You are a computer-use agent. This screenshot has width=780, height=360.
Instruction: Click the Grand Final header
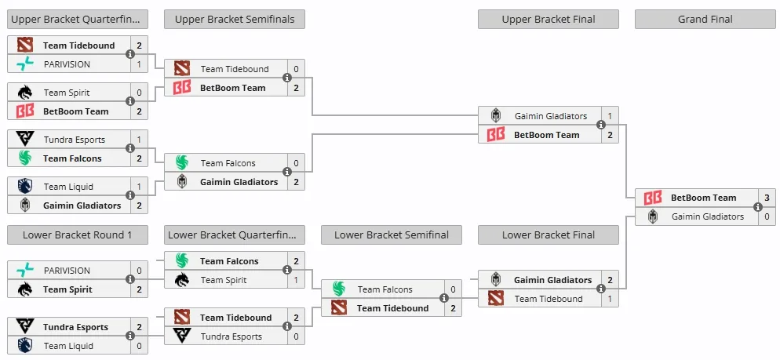point(705,20)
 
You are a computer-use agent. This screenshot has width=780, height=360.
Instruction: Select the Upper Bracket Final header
point(549,20)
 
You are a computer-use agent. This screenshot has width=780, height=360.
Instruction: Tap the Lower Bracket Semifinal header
point(392,235)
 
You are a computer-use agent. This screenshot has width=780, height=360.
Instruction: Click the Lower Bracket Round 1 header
point(78,235)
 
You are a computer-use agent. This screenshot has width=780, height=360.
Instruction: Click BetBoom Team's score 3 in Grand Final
point(767,198)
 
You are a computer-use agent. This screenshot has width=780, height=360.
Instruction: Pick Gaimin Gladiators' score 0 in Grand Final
point(767,216)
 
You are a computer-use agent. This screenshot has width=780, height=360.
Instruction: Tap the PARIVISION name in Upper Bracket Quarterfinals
point(67,64)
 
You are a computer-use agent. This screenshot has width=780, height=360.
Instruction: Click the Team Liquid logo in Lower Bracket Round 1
point(24,346)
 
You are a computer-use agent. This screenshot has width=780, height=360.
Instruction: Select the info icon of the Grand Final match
point(757,207)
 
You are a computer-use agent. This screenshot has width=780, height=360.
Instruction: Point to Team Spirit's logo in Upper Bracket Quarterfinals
point(24,93)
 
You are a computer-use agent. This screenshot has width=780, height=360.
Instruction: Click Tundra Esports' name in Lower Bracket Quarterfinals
point(231,336)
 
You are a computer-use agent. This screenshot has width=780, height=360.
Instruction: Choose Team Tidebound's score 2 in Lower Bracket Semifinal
point(454,308)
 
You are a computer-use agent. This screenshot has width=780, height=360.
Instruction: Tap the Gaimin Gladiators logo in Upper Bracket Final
point(495,116)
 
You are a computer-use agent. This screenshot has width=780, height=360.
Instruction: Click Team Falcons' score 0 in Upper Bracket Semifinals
point(296,163)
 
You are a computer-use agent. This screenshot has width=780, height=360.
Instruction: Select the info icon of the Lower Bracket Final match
point(601,289)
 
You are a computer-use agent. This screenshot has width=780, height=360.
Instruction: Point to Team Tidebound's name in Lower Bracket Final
point(549,299)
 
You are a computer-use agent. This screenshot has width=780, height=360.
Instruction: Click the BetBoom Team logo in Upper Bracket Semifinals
point(181,88)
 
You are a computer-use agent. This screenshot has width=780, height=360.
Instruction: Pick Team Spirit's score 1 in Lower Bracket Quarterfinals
point(296,280)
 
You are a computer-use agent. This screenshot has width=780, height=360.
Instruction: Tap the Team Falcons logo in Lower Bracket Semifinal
point(339,289)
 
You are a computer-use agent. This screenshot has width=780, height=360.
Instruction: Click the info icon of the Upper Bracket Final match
point(601,125)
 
